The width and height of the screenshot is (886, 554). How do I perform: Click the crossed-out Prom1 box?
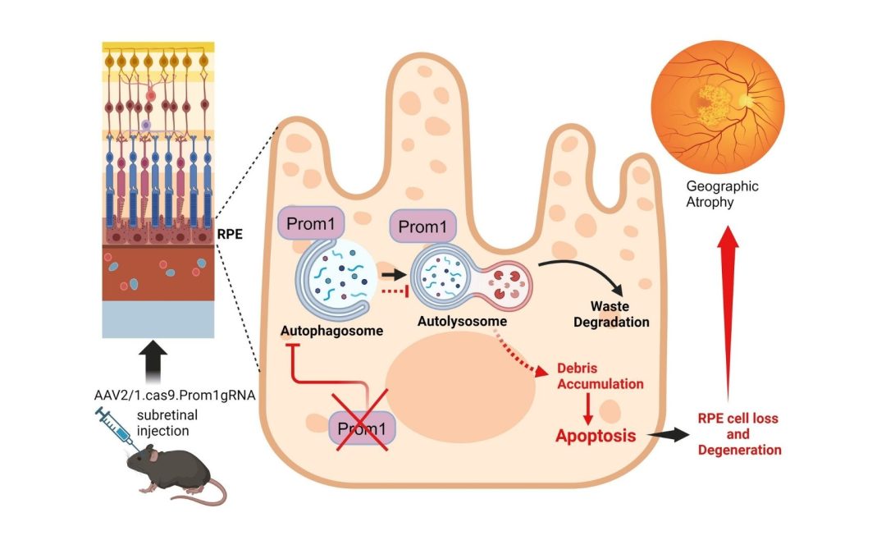pyautogui.click(x=362, y=429)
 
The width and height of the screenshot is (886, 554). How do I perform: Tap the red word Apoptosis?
pyautogui.click(x=596, y=436)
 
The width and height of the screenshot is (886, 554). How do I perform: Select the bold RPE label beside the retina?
pyautogui.click(x=230, y=233)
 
